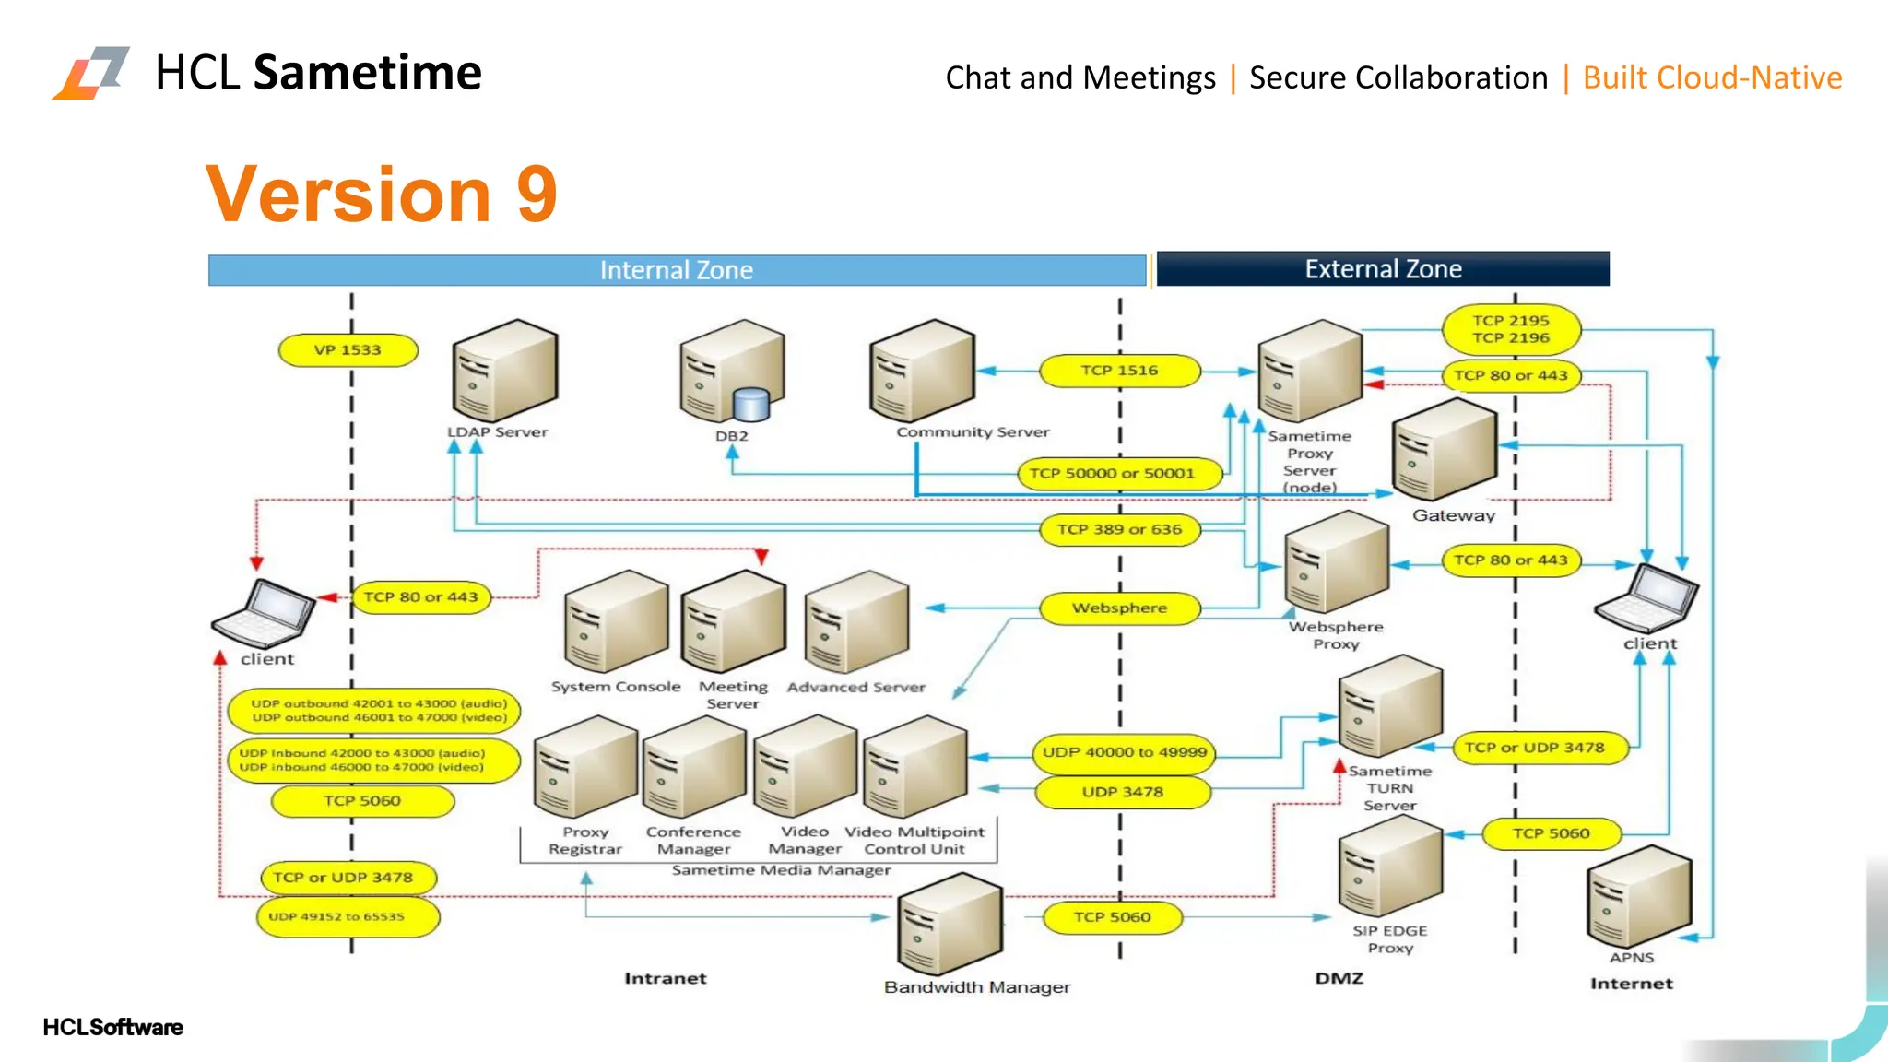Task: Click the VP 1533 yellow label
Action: (348, 350)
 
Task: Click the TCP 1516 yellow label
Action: (1119, 371)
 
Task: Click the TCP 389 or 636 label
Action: (1119, 530)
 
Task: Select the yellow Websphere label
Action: (1119, 608)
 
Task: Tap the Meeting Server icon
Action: (734, 621)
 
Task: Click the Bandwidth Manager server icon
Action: (950, 925)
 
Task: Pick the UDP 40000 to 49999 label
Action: (1124, 752)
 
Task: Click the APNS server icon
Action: (1639, 897)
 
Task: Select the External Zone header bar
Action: (1383, 269)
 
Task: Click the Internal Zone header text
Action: (677, 270)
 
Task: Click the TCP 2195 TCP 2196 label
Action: (1511, 329)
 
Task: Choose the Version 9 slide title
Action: (382, 194)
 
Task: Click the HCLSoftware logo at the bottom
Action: (112, 1027)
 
